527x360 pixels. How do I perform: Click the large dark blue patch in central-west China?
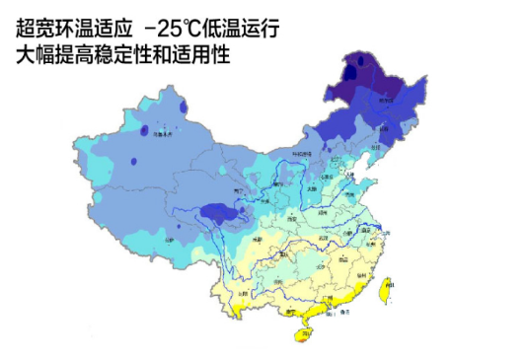(x=217, y=212)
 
